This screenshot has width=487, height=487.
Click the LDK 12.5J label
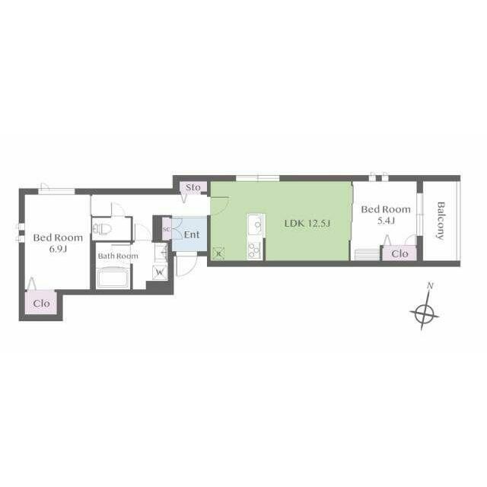tap(307, 223)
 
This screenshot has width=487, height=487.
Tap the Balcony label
tap(441, 221)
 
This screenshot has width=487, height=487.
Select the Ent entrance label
tap(192, 234)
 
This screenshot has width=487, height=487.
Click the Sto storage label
tap(193, 188)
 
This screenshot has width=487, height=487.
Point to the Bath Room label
tap(118, 256)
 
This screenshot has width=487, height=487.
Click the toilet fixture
tap(102, 229)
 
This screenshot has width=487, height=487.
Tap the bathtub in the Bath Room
tap(113, 278)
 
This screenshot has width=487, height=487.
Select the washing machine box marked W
tap(160, 272)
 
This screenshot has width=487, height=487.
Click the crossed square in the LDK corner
tap(219, 253)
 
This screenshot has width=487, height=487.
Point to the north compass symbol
tap(425, 314)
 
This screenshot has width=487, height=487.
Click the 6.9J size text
tap(58, 250)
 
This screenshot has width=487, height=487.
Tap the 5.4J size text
tap(386, 221)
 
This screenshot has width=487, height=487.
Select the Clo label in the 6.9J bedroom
tap(41, 304)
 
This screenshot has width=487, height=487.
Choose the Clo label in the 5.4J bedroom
tap(399, 253)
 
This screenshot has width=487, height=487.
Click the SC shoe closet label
tap(167, 230)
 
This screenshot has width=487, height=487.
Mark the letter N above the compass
tap(430, 286)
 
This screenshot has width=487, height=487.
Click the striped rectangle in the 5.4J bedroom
tap(368, 254)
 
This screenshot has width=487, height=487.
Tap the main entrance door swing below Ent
tap(186, 266)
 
